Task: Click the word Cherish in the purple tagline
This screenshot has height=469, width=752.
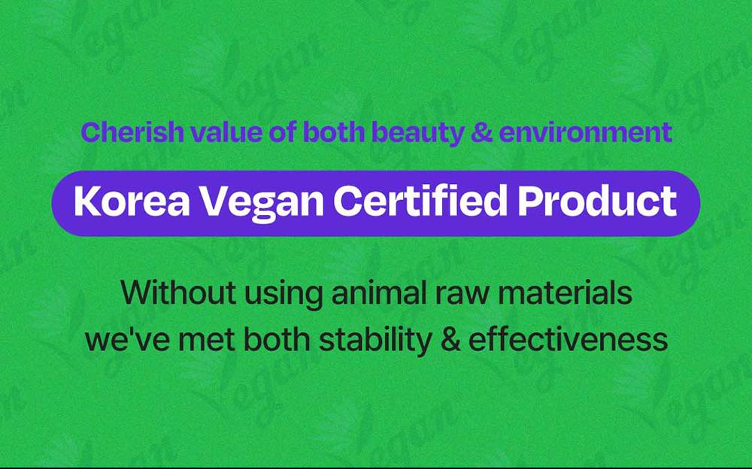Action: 133,132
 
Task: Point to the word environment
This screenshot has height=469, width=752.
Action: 586,133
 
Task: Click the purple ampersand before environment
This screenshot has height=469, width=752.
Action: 481,132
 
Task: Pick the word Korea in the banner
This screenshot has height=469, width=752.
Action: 132,201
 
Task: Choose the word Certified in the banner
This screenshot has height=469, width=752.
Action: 420,201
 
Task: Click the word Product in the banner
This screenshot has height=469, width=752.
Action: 597,201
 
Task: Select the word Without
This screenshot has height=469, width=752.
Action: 178,292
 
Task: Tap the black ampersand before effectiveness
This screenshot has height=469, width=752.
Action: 450,339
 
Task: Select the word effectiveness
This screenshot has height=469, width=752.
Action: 569,338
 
